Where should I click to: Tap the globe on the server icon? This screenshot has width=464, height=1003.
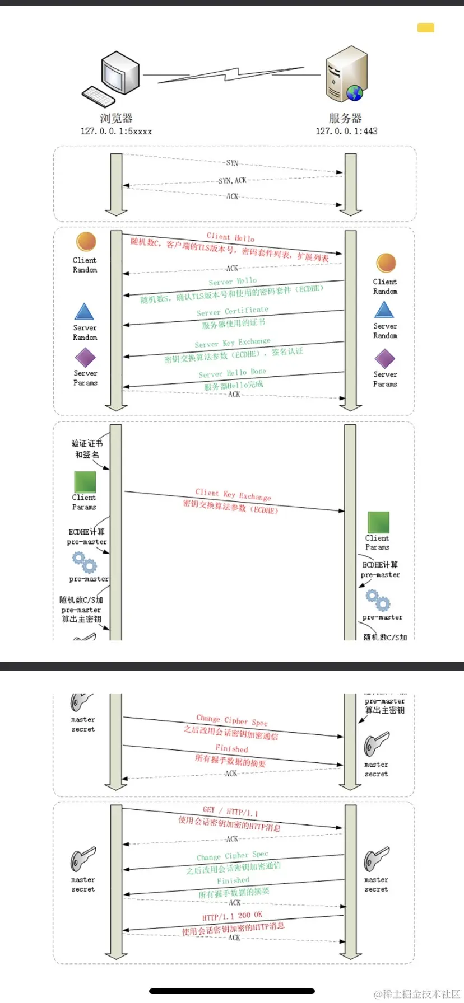point(355,93)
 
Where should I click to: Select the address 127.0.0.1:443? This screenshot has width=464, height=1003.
point(346,131)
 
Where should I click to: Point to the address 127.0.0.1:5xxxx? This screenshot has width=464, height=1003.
point(116,131)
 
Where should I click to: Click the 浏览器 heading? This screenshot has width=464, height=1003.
point(116,118)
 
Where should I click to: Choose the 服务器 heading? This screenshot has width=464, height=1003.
point(345,118)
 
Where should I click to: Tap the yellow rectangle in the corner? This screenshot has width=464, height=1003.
point(426,27)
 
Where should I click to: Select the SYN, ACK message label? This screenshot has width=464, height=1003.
point(232,180)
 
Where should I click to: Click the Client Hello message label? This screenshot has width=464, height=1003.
point(230,237)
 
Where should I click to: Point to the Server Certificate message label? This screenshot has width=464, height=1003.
point(233,311)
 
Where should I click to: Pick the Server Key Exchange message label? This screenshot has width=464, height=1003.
point(233,343)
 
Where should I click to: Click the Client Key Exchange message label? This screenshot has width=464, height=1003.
point(233,495)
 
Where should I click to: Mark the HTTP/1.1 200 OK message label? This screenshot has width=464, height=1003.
point(232,916)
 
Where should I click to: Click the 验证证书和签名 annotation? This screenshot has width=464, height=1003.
point(87,449)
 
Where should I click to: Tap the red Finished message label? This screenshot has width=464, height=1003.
point(231,748)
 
